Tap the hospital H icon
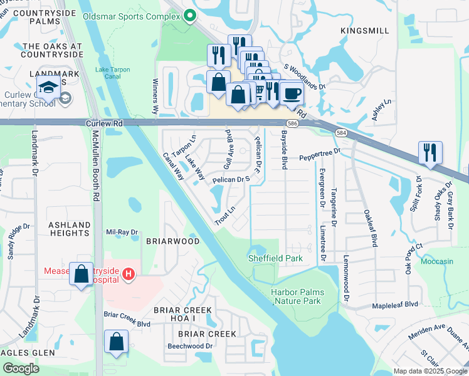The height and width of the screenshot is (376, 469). click(x=128, y=273)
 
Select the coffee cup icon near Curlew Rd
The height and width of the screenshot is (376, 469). click(x=292, y=94)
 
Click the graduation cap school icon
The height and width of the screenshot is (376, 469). click(x=48, y=88)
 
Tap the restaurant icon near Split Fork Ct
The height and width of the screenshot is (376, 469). click(x=430, y=153)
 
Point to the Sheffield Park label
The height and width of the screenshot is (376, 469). click(x=275, y=258)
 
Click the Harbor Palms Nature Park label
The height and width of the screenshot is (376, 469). click(x=296, y=296)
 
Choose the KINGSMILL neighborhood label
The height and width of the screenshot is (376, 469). click(x=364, y=30)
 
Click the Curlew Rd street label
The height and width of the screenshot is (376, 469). click(x=104, y=124)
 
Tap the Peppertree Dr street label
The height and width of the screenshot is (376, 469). click(x=319, y=154)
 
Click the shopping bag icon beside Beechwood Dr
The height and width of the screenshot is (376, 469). click(x=117, y=342)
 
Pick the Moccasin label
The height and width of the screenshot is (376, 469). click(x=438, y=260)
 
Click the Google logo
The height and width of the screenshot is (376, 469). click(x=21, y=368)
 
